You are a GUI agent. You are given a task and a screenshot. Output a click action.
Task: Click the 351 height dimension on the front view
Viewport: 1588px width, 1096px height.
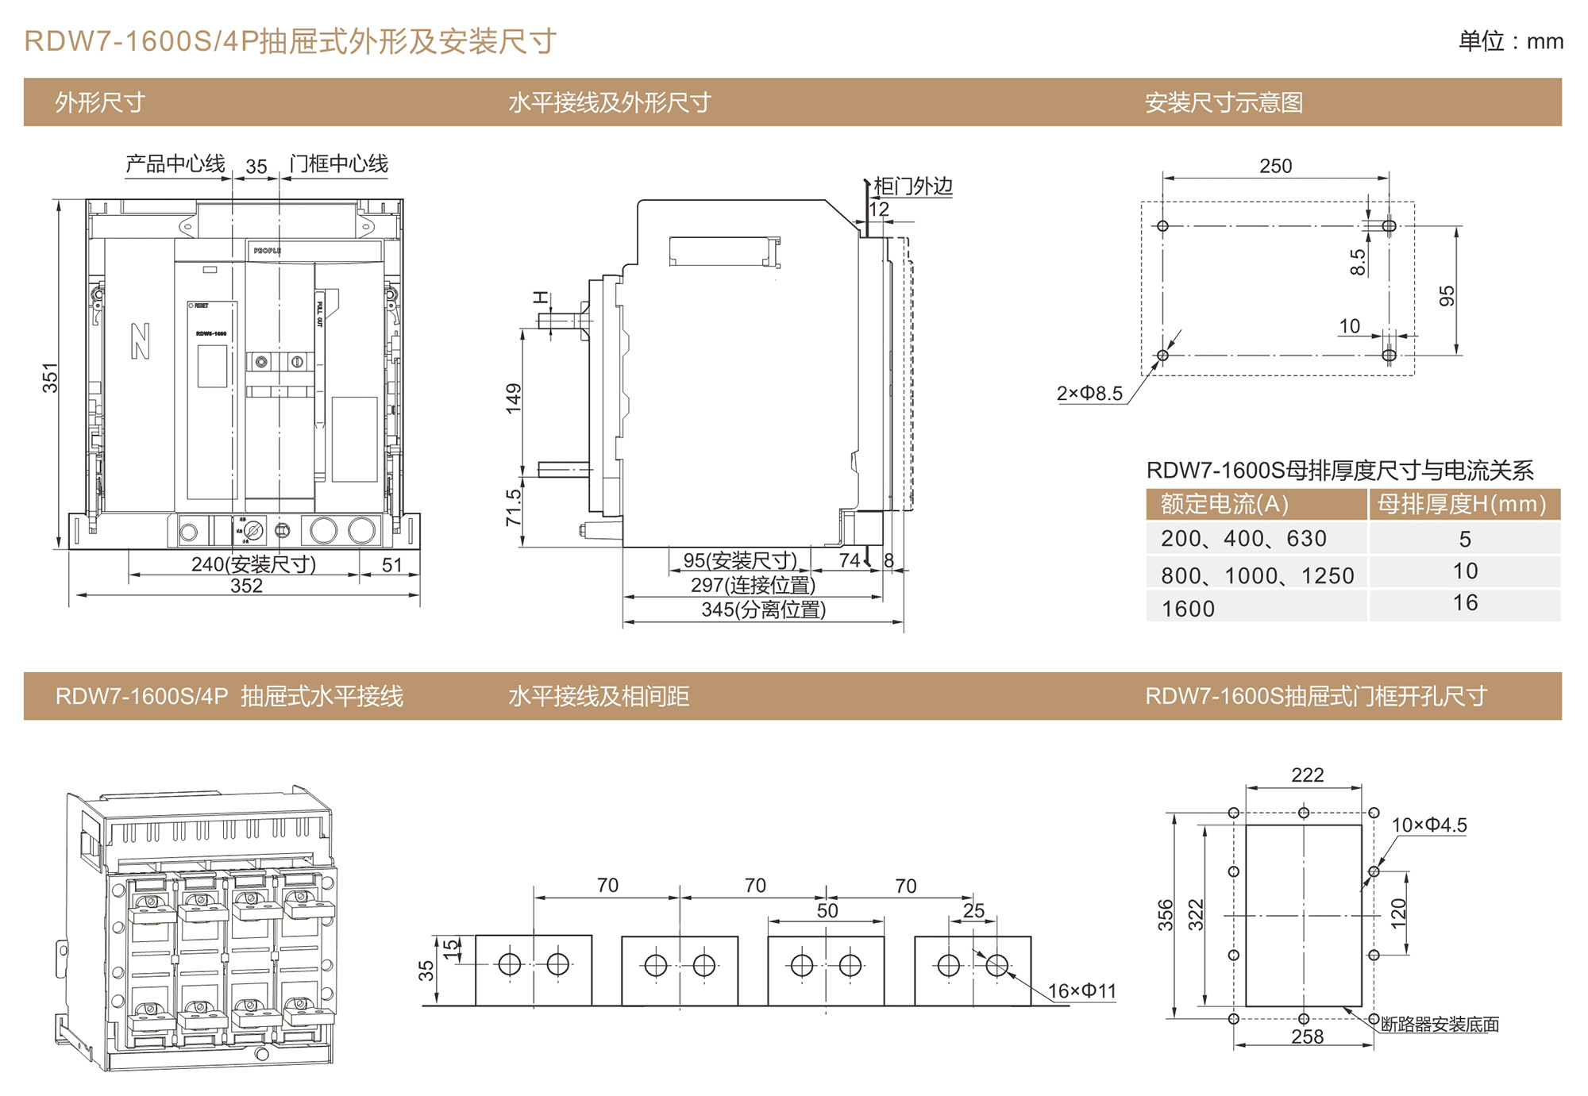click(x=50, y=378)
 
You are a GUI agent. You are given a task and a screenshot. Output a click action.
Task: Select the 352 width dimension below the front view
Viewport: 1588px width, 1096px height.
click(x=246, y=586)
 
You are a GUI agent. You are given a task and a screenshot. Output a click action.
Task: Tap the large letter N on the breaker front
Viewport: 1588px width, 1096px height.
click(x=141, y=340)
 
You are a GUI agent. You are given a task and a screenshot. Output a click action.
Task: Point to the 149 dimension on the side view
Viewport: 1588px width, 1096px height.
click(x=514, y=398)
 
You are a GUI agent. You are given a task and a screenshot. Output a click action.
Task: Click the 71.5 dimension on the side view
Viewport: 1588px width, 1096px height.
click(x=514, y=507)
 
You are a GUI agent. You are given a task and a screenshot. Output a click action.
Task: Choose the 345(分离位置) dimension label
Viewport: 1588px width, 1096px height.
click(x=763, y=610)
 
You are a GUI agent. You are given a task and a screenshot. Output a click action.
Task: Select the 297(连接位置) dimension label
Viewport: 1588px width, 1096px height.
click(x=753, y=586)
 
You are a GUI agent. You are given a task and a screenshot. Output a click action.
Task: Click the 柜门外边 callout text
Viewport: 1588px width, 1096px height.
click(x=913, y=187)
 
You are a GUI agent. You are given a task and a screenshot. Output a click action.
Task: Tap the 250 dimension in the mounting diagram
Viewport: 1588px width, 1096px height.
click(x=1275, y=167)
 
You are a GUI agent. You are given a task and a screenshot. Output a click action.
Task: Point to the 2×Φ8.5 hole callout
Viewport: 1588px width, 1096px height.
click(x=1089, y=394)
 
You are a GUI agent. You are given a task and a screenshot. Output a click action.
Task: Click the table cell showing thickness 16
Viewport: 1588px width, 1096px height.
click(x=1465, y=603)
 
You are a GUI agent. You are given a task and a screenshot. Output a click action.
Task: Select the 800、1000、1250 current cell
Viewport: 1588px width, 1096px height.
click(x=1257, y=575)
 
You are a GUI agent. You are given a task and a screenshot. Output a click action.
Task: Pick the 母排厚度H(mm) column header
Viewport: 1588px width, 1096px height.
click(x=1462, y=504)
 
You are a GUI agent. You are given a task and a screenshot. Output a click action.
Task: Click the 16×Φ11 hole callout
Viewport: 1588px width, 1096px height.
click(x=1081, y=990)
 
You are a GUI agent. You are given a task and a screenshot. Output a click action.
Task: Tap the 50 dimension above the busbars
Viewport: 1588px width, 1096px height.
click(x=827, y=910)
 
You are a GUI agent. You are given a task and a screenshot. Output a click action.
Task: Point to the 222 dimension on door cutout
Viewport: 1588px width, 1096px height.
click(x=1307, y=775)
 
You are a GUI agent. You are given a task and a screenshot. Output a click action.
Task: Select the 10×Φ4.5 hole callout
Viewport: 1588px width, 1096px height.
click(x=1428, y=825)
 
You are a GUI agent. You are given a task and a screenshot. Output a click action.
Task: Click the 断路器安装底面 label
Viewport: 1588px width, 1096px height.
click(x=1440, y=1025)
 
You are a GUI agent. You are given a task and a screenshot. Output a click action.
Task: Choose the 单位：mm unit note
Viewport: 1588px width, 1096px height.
click(x=1510, y=41)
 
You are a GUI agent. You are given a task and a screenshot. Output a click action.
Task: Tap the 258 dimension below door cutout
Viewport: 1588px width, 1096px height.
click(x=1307, y=1036)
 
